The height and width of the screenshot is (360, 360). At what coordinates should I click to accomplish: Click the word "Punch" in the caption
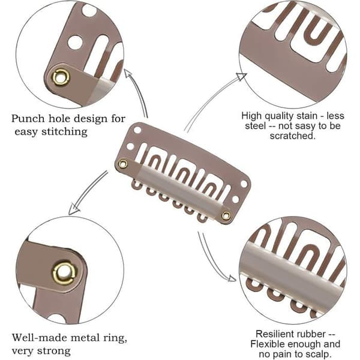pos(28,119)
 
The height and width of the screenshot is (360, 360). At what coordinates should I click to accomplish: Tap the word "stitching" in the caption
pos(64,132)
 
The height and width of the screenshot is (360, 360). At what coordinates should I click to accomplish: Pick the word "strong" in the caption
pos(54,351)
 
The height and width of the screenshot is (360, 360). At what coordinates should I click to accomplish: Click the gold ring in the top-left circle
pos(61,77)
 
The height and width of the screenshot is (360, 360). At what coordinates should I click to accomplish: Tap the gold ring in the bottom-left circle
pos(64,273)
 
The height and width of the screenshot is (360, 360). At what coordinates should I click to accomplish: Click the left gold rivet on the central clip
pos(123,164)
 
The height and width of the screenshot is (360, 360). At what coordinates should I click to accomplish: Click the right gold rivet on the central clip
pos(226,215)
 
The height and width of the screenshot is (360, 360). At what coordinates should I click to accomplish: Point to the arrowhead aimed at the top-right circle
pos(241,76)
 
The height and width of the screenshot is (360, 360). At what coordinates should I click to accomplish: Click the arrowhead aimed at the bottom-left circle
pos(74,209)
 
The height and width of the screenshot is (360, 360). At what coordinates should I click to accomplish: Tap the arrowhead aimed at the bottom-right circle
pos(232,278)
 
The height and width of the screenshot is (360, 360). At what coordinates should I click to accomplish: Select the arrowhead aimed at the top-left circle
pos(128,74)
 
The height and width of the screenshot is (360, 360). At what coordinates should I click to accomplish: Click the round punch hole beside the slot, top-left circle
pos(75,43)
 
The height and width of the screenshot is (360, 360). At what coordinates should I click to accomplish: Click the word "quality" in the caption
pos(282,116)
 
